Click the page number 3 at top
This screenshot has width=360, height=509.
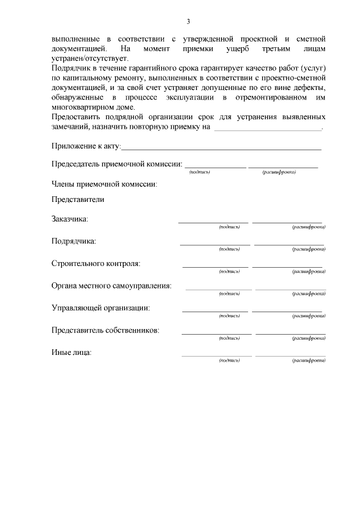tap(188, 21)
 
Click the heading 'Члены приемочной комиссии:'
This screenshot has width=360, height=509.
tap(104, 183)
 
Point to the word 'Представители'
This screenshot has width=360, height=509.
tap(78, 199)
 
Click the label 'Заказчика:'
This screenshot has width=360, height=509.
tap(70, 219)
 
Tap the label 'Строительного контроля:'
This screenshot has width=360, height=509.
tap(96, 263)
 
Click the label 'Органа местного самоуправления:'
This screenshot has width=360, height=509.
tap(111, 285)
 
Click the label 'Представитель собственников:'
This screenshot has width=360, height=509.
tap(105, 330)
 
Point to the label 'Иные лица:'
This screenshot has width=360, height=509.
tap(71, 353)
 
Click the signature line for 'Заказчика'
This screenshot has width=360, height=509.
tap(213, 222)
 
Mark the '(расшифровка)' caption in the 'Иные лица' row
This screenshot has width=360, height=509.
tap(308, 360)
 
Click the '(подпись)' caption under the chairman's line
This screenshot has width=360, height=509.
tap(200, 172)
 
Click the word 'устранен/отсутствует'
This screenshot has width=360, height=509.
tap(89, 58)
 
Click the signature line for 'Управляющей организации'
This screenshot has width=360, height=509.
tap(215, 311)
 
